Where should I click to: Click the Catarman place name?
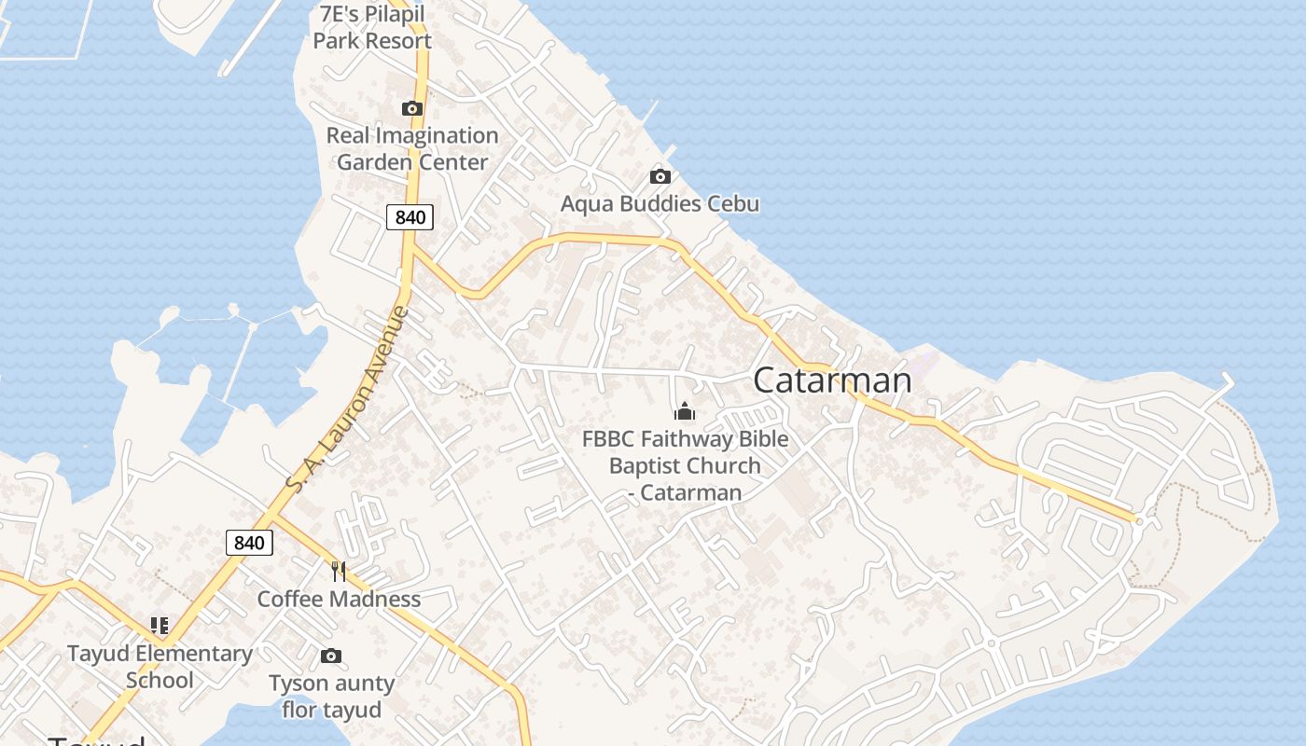832,380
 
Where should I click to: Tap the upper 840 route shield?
410,217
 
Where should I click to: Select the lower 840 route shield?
249,542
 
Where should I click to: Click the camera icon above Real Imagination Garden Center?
411,109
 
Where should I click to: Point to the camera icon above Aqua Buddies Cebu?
660,176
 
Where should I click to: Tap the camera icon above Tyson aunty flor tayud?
331,656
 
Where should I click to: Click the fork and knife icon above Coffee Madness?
339,571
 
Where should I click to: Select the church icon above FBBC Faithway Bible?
685,411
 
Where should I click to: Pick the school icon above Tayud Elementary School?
160,626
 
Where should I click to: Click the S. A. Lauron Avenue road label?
348,399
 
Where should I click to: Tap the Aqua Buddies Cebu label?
660,204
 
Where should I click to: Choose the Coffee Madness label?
339,599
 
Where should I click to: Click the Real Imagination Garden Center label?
412,148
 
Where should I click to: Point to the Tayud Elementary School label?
160,667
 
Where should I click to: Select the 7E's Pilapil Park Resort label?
372,28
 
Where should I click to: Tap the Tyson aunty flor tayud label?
331,697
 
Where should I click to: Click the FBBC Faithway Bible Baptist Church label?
685,465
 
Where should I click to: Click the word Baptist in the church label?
646,465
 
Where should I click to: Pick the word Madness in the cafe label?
378,599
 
